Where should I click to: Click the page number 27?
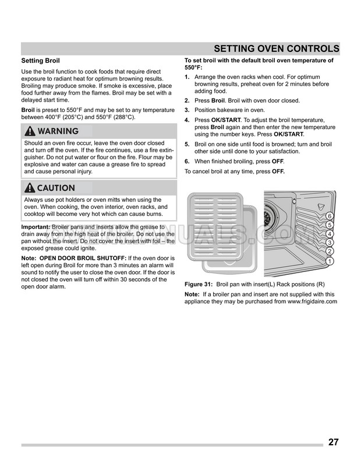coord(333,442)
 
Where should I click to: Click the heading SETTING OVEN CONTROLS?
coord(277,48)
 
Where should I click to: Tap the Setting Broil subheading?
coord(40,61)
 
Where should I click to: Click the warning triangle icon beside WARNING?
coord(30,131)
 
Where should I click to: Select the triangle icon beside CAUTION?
coord(29,188)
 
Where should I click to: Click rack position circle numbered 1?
coord(330,261)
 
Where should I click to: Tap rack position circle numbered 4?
coord(330,235)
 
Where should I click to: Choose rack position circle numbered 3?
coord(330,243)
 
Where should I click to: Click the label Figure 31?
coord(199,283)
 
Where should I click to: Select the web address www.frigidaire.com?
coord(312,302)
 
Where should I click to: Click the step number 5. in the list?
coord(187,144)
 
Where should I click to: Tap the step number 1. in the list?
coord(187,77)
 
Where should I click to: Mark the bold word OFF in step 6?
coord(278,161)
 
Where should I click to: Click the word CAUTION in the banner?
coord(56,188)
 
